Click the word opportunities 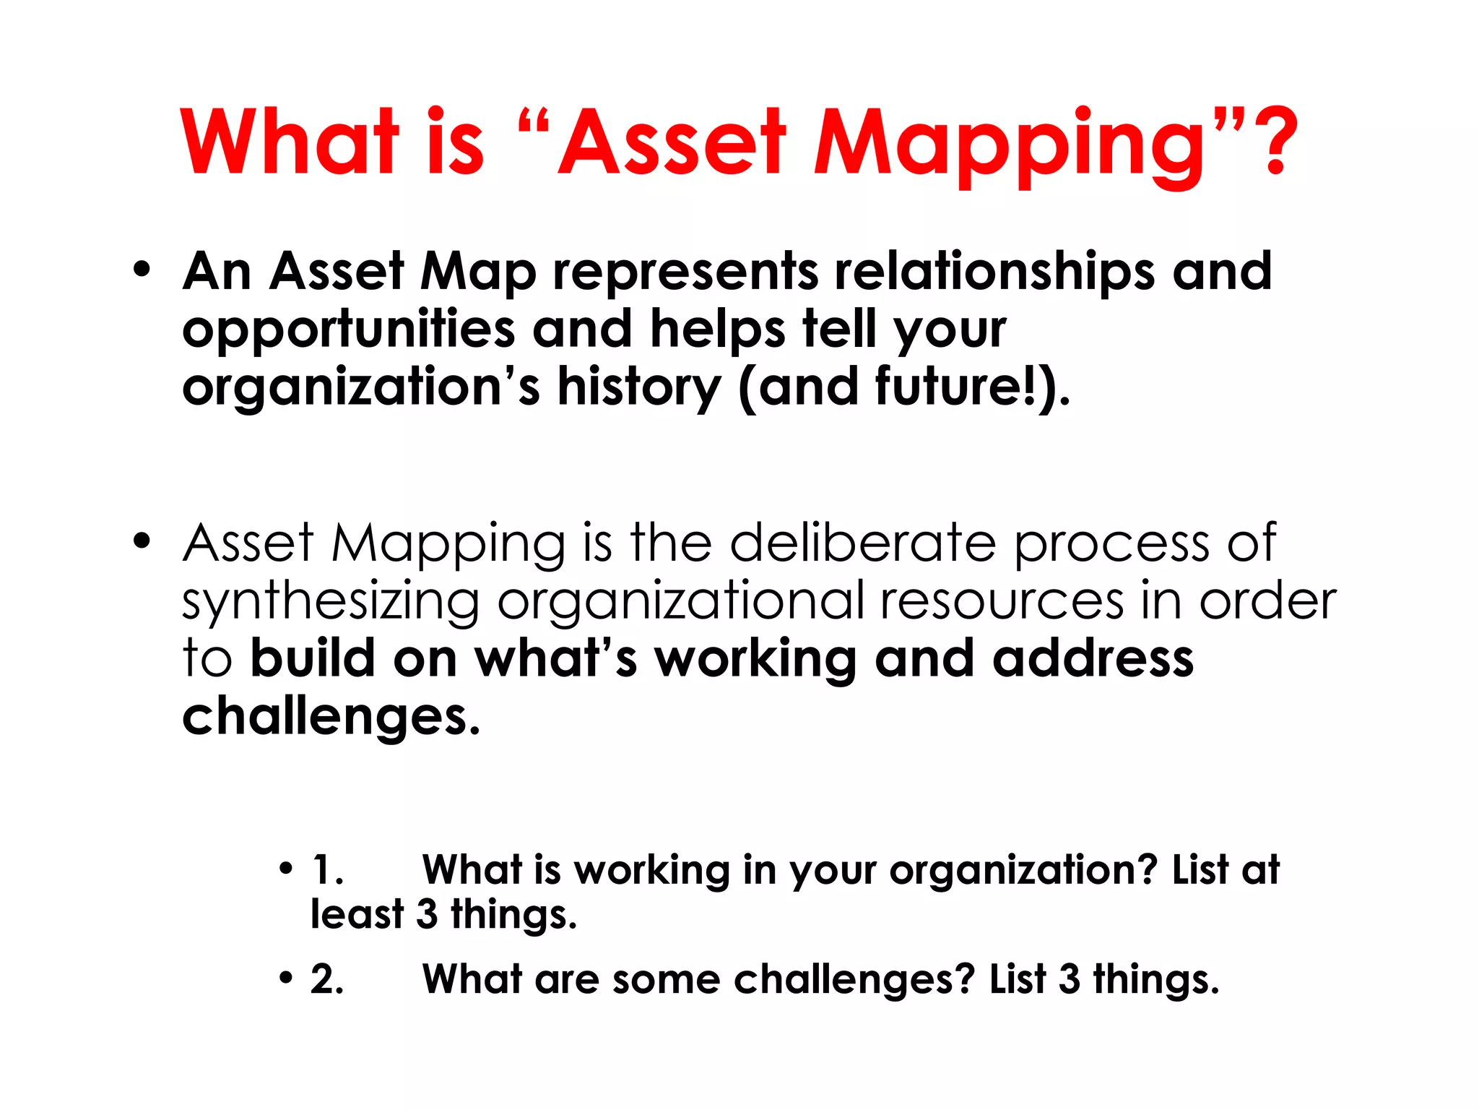[348, 330]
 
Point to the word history [638, 388]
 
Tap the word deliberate [863, 543]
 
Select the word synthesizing [330, 602]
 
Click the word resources [1002, 601]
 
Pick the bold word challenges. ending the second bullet [331, 717]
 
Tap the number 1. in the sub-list [326, 869]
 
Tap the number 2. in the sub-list [327, 980]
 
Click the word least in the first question [357, 914]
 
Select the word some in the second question [666, 980]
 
